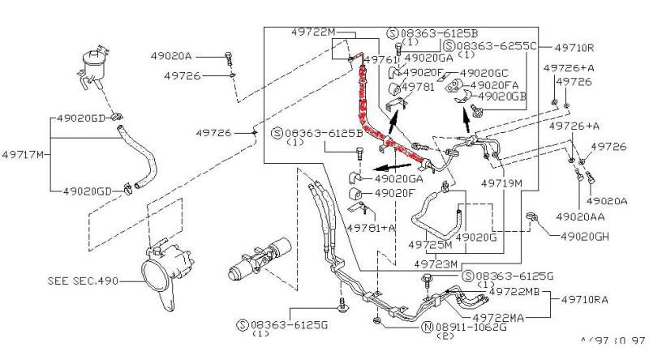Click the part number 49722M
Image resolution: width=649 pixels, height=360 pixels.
point(313,32)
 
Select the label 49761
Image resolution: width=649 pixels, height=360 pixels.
point(379,60)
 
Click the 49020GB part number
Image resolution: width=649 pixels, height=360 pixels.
point(502,96)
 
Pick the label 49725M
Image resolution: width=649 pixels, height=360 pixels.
point(430,244)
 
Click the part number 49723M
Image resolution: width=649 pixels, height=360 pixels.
point(436,264)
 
